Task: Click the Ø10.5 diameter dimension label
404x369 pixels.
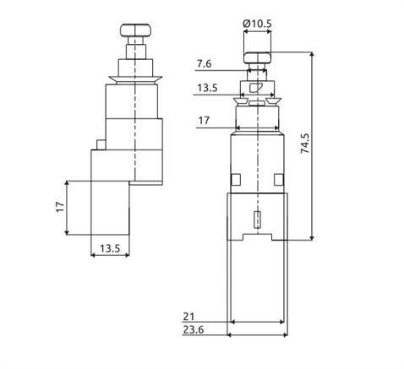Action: [x=257, y=24]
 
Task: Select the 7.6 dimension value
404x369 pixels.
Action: [x=204, y=64]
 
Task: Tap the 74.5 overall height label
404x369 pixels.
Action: [x=305, y=144]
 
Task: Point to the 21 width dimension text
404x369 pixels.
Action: [x=188, y=317]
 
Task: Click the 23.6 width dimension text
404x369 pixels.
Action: [x=194, y=329]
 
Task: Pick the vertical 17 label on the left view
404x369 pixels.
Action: [x=60, y=207]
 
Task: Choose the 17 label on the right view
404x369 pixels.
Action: [x=204, y=121]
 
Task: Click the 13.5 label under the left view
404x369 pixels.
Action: [x=110, y=248]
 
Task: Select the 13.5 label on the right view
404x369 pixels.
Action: [x=207, y=88]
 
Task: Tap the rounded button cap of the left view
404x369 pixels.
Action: [x=135, y=30]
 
